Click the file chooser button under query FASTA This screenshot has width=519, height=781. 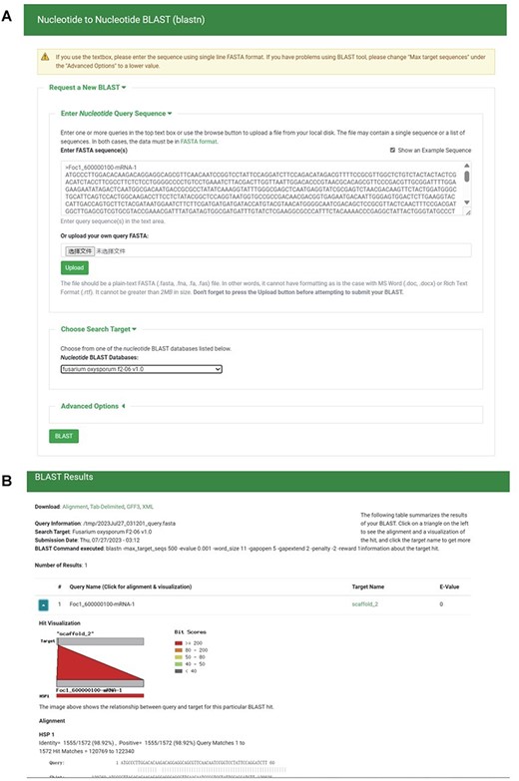(80, 251)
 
